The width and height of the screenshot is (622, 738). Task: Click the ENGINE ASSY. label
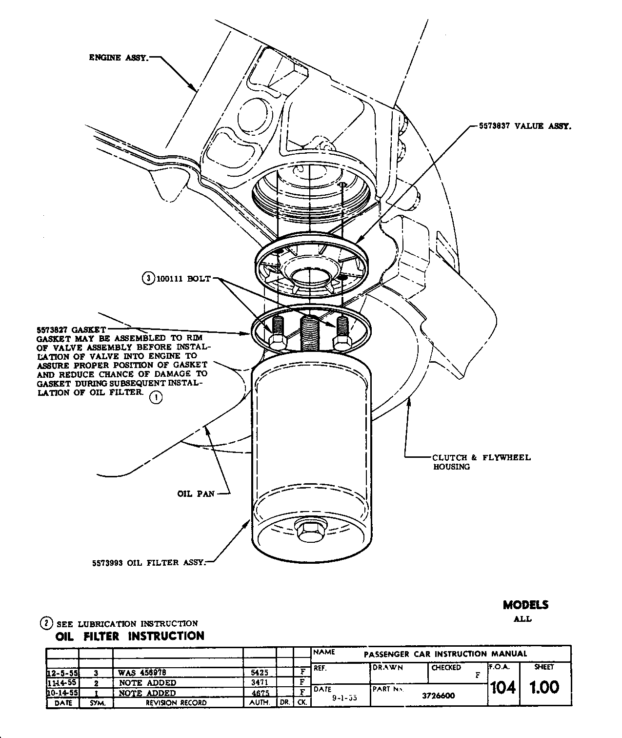119,58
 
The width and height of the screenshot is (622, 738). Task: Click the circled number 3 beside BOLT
147,279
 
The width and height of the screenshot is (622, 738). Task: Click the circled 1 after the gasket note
156,398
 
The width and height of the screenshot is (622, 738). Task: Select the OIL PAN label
196,494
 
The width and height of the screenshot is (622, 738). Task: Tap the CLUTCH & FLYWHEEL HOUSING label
481,462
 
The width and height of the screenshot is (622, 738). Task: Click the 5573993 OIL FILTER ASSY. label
149,563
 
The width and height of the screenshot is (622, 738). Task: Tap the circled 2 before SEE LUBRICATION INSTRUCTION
46,623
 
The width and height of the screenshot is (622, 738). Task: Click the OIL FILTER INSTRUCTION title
130,636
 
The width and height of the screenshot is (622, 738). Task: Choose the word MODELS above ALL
525,605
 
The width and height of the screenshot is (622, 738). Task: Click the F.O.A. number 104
502,687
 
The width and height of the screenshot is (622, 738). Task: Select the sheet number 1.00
544,687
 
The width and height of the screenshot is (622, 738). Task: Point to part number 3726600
439,696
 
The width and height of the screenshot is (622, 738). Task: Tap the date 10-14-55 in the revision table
62,693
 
